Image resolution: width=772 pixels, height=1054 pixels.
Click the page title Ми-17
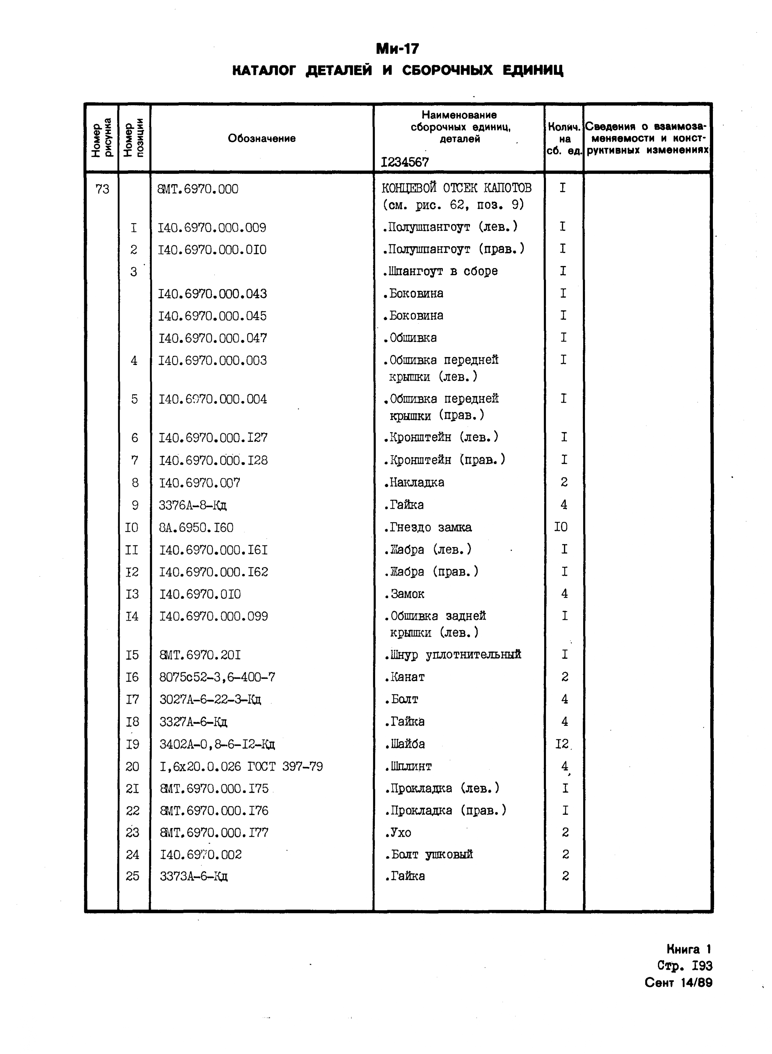coord(398,49)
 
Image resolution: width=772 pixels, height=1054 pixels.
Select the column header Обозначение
coord(262,138)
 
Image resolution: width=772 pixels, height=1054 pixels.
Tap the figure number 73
coord(102,189)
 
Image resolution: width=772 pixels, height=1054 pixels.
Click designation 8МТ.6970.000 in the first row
coord(199,189)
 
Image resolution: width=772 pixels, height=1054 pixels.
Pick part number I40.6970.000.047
coord(213,338)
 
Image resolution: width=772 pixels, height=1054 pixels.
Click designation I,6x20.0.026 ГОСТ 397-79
coord(241,766)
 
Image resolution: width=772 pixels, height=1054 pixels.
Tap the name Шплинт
coord(408,766)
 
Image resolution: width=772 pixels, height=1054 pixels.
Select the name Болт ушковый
coord(429,855)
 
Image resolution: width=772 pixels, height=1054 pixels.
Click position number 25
coord(133,876)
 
